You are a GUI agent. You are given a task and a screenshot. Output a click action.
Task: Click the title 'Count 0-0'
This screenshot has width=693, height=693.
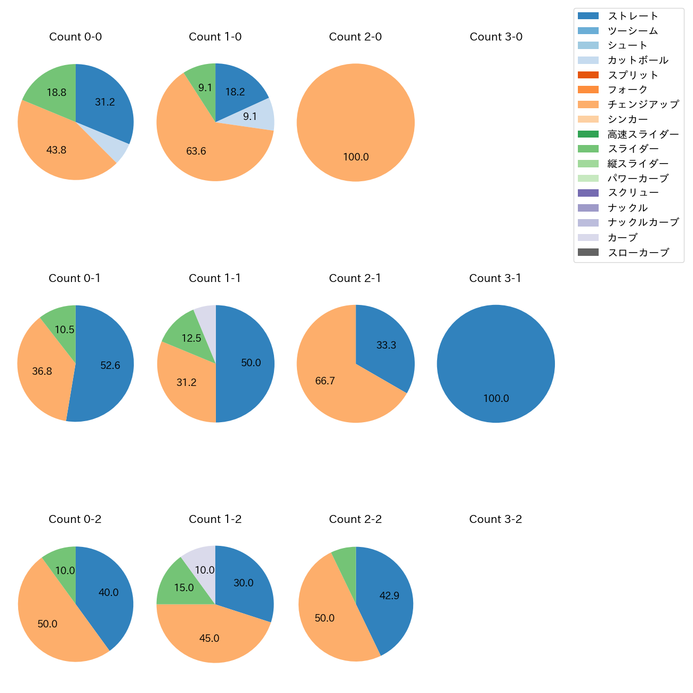coord(76,37)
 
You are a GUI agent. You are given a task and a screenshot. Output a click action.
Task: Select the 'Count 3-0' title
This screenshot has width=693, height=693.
coord(496,37)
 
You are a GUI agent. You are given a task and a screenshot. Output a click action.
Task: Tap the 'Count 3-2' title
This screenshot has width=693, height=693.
coord(495,519)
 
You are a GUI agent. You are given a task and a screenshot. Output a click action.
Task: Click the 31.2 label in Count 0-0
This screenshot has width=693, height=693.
coord(105,102)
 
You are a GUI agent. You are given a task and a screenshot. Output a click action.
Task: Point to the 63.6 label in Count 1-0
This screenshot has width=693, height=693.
coord(196,151)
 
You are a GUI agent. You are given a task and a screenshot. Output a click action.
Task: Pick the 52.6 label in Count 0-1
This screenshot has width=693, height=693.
coord(110,365)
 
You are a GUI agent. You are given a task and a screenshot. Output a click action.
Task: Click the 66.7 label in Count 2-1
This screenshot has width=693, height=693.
coord(325,381)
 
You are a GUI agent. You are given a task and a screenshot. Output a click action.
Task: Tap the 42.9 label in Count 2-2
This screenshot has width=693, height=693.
coord(389,595)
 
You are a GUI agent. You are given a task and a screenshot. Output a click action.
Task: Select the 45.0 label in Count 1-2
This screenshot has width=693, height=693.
coord(209,638)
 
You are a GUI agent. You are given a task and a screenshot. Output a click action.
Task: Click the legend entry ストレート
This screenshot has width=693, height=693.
coord(633,16)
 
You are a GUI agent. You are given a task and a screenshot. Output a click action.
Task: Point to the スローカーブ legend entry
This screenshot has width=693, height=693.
coord(638,253)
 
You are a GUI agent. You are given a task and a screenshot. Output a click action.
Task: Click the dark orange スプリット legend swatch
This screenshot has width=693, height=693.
coord(588,75)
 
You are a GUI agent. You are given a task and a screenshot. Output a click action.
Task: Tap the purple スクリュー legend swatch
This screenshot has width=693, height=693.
coord(588,193)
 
